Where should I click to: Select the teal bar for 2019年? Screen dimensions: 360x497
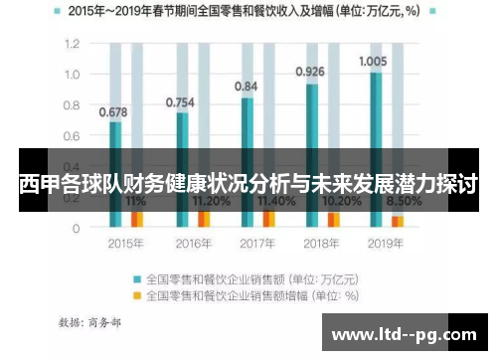(376, 149)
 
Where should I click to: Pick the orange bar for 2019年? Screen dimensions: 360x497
(398, 221)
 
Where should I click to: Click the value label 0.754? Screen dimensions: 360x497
(180, 101)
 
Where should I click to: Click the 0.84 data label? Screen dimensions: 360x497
(247, 87)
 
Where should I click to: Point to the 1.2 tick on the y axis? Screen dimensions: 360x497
(71, 45)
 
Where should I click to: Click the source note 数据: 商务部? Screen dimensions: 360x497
(91, 322)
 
